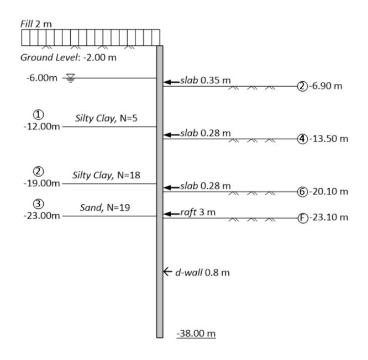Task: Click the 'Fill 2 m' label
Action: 36,24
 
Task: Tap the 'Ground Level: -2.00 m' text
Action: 69,57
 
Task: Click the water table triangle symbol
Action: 70,78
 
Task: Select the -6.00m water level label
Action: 42,78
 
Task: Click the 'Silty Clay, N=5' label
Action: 106,118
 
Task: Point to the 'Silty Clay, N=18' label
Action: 106,175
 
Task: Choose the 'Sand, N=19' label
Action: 105,208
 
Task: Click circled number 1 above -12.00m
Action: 39,115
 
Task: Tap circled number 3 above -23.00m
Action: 39,204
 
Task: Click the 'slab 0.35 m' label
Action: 206,81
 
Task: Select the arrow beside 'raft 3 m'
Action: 171,214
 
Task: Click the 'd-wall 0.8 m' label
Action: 202,273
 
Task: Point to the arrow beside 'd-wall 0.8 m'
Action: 167,272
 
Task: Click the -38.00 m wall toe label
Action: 196,333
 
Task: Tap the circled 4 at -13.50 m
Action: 302,139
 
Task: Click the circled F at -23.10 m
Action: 303,218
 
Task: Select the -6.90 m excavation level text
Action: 325,86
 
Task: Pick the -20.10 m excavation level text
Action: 329,192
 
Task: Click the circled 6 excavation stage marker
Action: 302,192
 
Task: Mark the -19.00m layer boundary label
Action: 42,183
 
